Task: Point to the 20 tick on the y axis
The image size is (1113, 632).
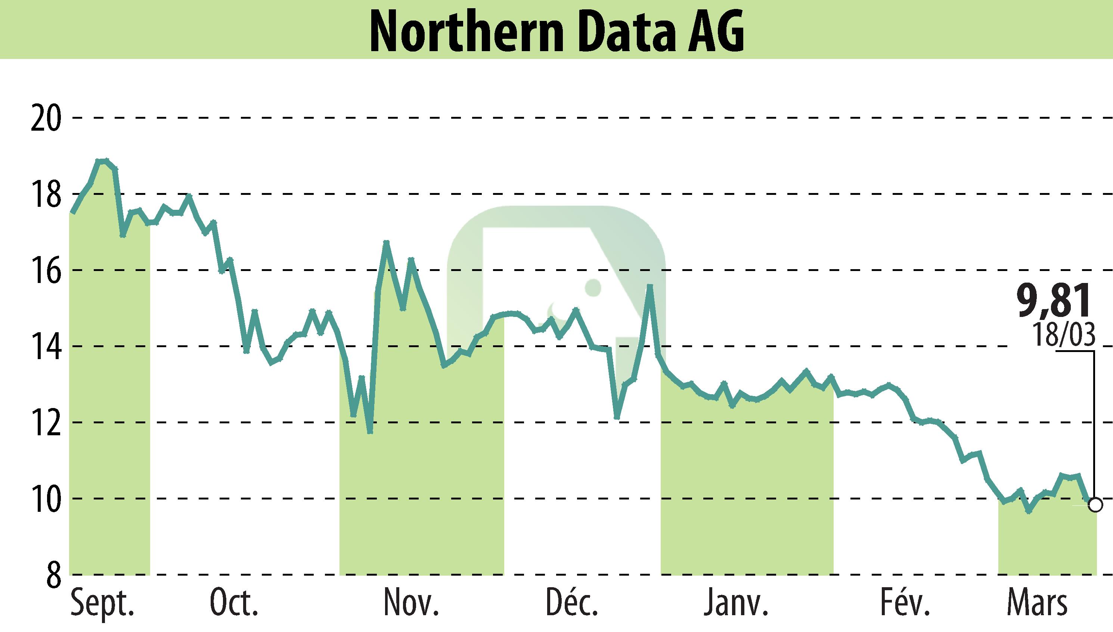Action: [46, 118]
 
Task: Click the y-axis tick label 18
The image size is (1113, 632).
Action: [46, 194]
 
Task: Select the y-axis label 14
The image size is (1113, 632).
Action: [46, 346]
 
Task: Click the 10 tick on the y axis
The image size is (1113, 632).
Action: [46, 499]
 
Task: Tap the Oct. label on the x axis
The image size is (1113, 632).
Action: [235, 603]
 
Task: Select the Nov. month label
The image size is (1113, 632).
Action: [411, 603]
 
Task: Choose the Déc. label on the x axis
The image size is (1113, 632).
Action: [572, 603]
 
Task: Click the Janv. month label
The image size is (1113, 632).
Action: [736, 603]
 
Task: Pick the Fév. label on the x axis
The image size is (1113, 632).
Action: [905, 603]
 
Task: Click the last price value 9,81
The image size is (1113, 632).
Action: [1054, 301]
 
